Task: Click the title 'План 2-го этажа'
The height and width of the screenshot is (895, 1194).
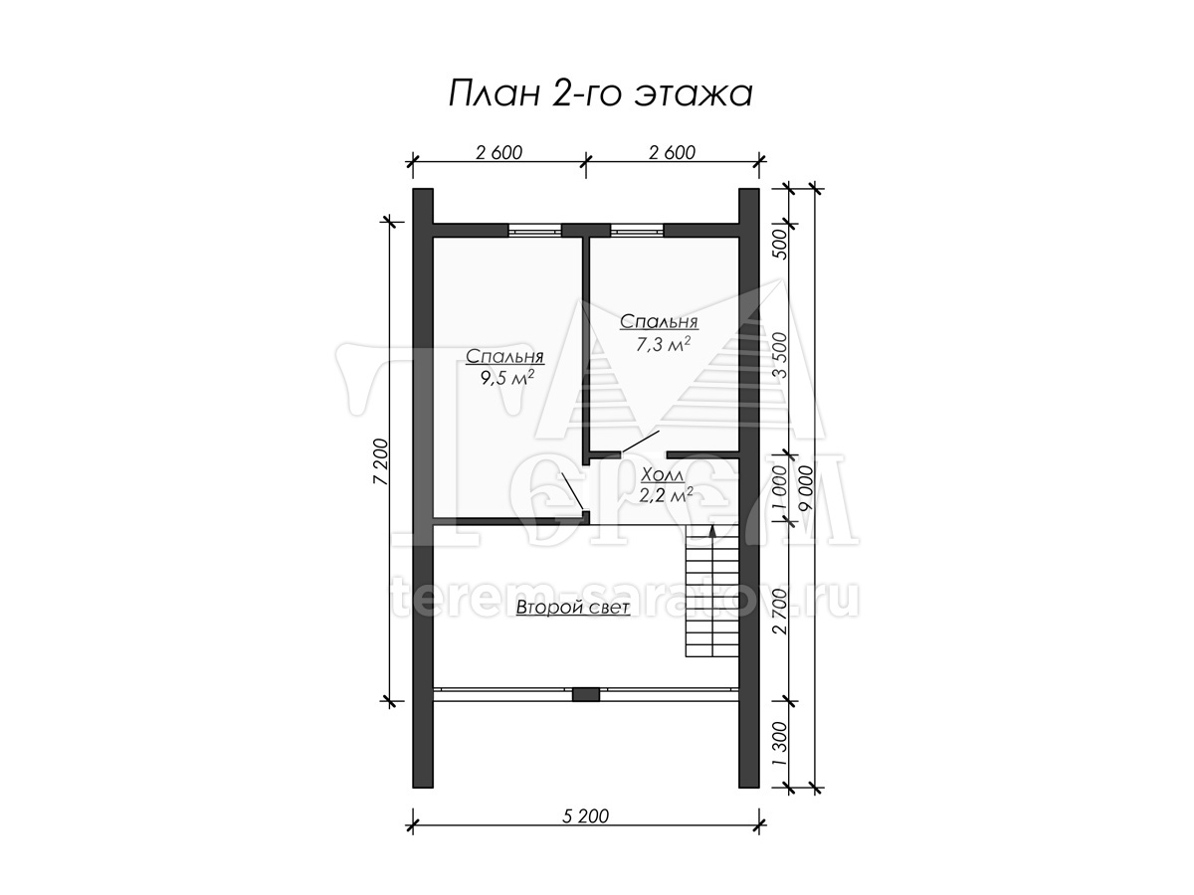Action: pyautogui.click(x=600, y=94)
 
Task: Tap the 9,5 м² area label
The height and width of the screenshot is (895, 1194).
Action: pyautogui.click(x=505, y=378)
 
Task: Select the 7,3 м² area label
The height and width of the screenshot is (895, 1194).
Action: pyautogui.click(x=663, y=343)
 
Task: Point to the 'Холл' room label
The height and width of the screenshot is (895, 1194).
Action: pyautogui.click(x=663, y=474)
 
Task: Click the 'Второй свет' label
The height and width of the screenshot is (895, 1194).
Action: pyautogui.click(x=573, y=607)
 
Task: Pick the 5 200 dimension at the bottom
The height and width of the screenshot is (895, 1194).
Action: pyautogui.click(x=585, y=815)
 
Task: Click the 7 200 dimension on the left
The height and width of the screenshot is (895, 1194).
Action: pyautogui.click(x=382, y=461)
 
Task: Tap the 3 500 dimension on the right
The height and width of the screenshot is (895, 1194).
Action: pyautogui.click(x=780, y=355)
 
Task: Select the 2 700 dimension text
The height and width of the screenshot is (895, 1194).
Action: pyautogui.click(x=780, y=612)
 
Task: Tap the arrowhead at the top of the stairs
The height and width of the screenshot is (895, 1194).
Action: pyautogui.click(x=712, y=531)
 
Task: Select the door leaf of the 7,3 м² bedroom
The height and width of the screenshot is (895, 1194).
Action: pyautogui.click(x=641, y=442)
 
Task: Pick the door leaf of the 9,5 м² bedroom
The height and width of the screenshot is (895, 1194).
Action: pyautogui.click(x=573, y=491)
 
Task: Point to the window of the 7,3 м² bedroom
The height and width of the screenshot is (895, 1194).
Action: pyautogui.click(x=637, y=231)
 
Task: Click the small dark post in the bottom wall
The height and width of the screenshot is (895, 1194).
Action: pyautogui.click(x=586, y=695)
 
